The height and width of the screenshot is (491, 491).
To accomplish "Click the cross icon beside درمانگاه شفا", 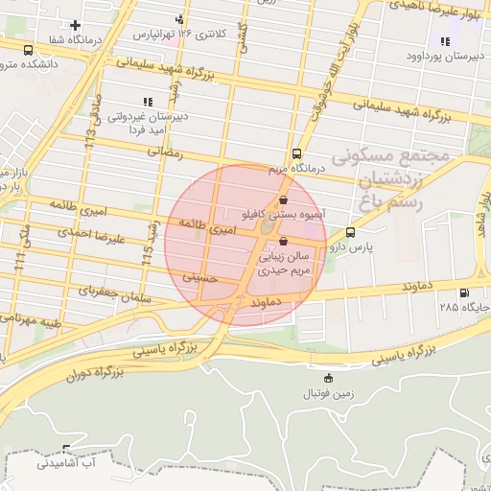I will pyautogui.click(x=76, y=24).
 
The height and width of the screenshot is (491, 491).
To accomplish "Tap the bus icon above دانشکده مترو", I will pyautogui.click(x=26, y=50).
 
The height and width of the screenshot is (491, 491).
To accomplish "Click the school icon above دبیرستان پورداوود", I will pyautogui.click(x=444, y=41).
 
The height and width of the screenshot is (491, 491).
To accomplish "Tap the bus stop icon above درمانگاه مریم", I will pyautogui.click(x=296, y=153).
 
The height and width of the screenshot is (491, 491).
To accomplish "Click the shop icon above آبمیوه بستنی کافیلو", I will pyautogui.click(x=283, y=199).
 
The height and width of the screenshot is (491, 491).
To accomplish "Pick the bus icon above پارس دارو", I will pyautogui.click(x=349, y=232).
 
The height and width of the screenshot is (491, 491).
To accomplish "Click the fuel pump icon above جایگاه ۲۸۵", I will pyautogui.click(x=464, y=292).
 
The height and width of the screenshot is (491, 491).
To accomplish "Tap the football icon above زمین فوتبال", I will pyautogui.click(x=330, y=378).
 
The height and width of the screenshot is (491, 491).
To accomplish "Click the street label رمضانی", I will pyautogui.click(x=164, y=152).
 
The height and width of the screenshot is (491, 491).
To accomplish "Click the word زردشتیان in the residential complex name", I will pyautogui.click(x=376, y=178).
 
